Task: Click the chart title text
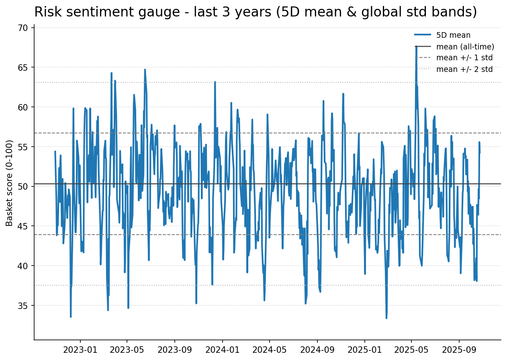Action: pyautogui.click(x=256, y=12)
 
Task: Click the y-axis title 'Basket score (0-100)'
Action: pyautogui.click(x=10, y=183)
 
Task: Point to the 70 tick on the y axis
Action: pyautogui.click(x=24, y=28)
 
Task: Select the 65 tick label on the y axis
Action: pyautogui.click(x=24, y=67)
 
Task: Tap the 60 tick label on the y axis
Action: pyautogui.click(x=24, y=107)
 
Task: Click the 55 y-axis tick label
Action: pyautogui.click(x=24, y=147)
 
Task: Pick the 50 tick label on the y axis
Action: pyautogui.click(x=24, y=186)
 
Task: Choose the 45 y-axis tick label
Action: pyautogui.click(x=24, y=226)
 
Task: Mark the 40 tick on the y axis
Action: pyautogui.click(x=24, y=266)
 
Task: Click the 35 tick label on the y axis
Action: pyautogui.click(x=24, y=306)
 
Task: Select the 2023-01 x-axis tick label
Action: pyautogui.click(x=80, y=350)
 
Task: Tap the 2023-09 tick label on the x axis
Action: pyautogui.click(x=175, y=350)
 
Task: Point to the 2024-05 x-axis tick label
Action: pyautogui.click(x=269, y=350)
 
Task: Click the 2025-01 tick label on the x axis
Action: pyautogui.click(x=364, y=350)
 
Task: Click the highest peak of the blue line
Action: pyautogui.click(x=416, y=47)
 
